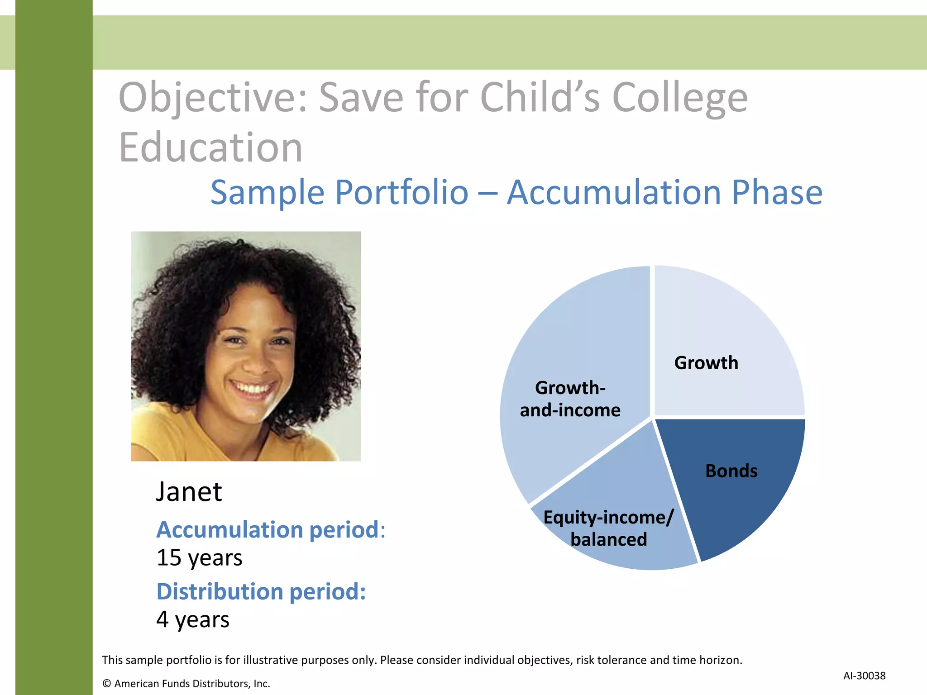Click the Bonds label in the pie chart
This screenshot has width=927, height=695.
click(x=731, y=471)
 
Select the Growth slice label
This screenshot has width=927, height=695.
click(x=706, y=363)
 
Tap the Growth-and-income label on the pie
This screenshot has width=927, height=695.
click(x=570, y=399)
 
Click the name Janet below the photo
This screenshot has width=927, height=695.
click(x=189, y=492)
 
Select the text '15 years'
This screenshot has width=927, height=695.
click(x=199, y=557)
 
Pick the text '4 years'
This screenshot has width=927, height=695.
click(x=193, y=619)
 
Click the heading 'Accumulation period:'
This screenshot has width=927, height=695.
click(x=270, y=530)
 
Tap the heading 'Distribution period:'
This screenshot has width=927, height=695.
click(x=261, y=591)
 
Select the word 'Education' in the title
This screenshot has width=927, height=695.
click(x=210, y=148)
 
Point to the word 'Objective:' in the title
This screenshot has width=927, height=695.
click(x=213, y=98)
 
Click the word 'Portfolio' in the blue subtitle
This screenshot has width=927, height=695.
click(x=401, y=193)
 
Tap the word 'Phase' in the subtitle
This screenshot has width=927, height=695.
click(x=777, y=193)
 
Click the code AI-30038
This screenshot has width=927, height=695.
click(x=864, y=676)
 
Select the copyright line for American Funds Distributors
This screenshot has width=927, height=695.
click(x=186, y=684)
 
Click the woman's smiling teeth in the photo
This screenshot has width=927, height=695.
click(x=252, y=388)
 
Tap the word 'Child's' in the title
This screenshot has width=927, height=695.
click(x=540, y=98)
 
